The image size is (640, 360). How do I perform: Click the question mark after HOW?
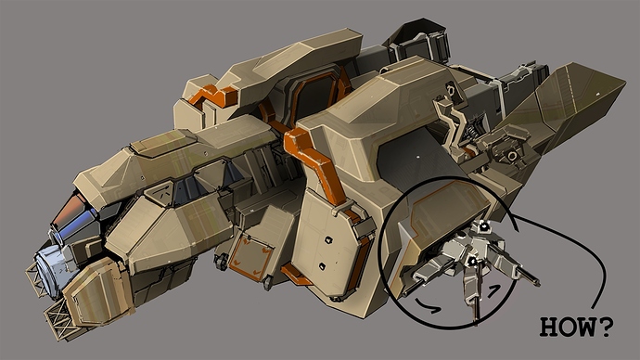pyautogui.click(x=606, y=326)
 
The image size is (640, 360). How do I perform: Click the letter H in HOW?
pyautogui.click(x=550, y=327)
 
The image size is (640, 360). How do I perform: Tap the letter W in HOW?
pyautogui.click(x=588, y=327)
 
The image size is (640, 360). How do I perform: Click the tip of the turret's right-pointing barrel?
pyautogui.click(x=540, y=284)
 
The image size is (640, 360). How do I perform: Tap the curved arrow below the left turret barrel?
pyautogui.click(x=428, y=307)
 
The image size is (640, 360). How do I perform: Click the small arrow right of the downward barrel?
pyautogui.click(x=493, y=289)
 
